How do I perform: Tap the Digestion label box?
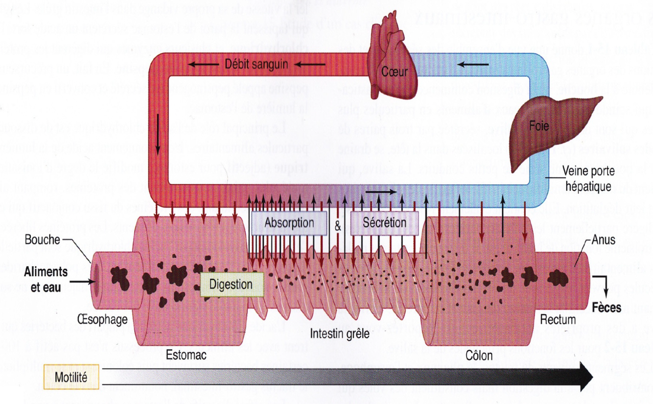click(x=231, y=285)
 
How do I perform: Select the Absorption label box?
click(x=289, y=222)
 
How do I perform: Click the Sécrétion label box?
click(x=384, y=222)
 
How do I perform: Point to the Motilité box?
click(x=71, y=377)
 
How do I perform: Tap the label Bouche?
click(x=42, y=240)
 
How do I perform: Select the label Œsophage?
click(x=102, y=320)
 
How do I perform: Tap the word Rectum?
click(x=557, y=320)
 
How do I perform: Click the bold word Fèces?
click(x=606, y=308)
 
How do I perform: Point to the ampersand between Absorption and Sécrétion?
click(x=338, y=227)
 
